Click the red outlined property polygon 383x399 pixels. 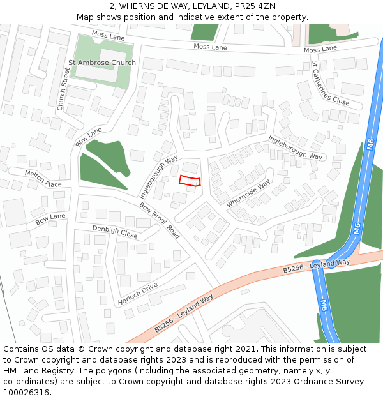pyautogui.click(x=190, y=181)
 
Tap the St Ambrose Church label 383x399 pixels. pyautogui.click(x=102, y=63)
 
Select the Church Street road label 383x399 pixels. pyautogui.click(x=63, y=89)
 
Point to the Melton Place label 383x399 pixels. pyautogui.click(x=43, y=179)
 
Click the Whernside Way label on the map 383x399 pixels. pyautogui.click(x=248, y=193)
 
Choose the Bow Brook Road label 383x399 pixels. pyautogui.click(x=160, y=221)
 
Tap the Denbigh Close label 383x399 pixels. pyautogui.click(x=115, y=231)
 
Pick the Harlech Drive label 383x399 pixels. pyautogui.click(x=137, y=293)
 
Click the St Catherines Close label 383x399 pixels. pyautogui.click(x=330, y=83)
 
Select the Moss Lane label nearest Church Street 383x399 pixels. pyautogui.click(x=108, y=36)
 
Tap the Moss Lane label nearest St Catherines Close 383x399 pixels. pyautogui.click(x=320, y=49)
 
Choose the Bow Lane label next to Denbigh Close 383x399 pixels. pyautogui.click(x=50, y=220)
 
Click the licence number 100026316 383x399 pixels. pyautogui.click(x=26, y=393)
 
